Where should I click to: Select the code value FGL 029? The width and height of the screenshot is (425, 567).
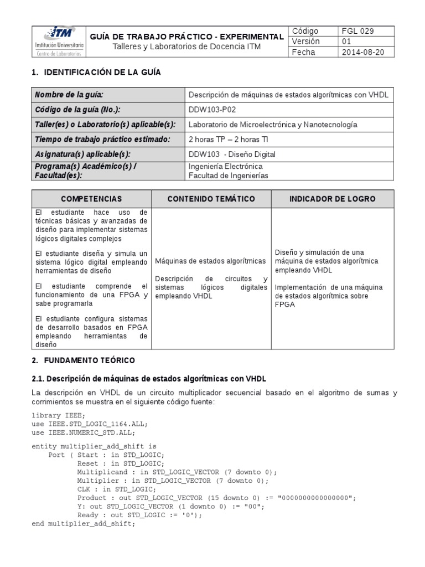click(x=357, y=31)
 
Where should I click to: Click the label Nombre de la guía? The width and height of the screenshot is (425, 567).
click(x=69, y=95)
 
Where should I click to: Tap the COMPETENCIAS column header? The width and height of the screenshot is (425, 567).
click(x=91, y=199)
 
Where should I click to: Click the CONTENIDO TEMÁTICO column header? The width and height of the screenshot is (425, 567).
click(x=211, y=199)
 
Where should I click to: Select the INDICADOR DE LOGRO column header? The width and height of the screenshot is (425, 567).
click(x=333, y=199)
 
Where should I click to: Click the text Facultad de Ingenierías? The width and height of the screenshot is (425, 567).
click(x=228, y=176)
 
